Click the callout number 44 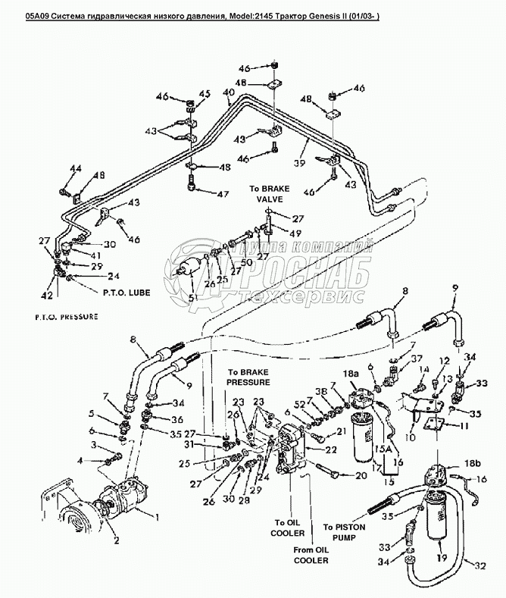tap(74, 168)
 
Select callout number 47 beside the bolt tap(222, 195)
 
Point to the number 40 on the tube tap(229, 92)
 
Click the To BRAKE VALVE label tap(268, 193)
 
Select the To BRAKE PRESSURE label tap(245, 377)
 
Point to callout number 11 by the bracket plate tap(464, 426)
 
